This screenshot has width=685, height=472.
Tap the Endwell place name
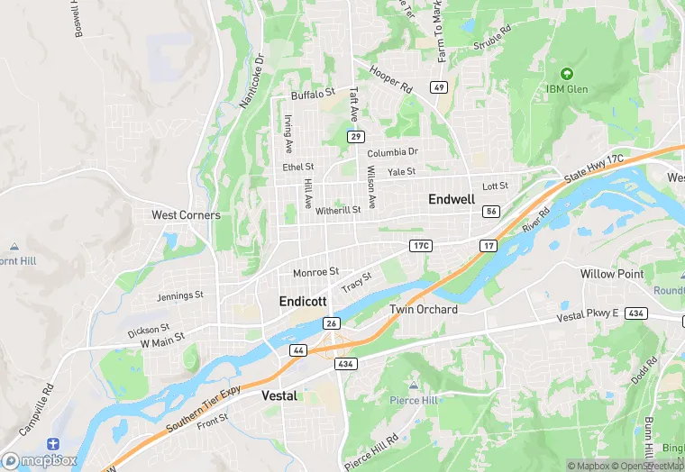(x=452, y=198)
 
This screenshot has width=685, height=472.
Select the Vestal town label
(x=279, y=395)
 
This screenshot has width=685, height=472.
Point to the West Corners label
(x=186, y=215)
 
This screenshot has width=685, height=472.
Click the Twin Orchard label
(x=424, y=310)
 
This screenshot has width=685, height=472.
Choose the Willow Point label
(x=611, y=274)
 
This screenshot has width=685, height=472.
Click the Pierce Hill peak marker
(x=414, y=386)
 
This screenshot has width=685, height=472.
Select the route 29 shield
(x=357, y=136)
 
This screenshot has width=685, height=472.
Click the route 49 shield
(x=439, y=87)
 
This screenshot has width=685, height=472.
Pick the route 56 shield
(x=490, y=211)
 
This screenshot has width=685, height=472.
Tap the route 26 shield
(x=332, y=323)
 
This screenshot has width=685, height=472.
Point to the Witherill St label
(x=338, y=210)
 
